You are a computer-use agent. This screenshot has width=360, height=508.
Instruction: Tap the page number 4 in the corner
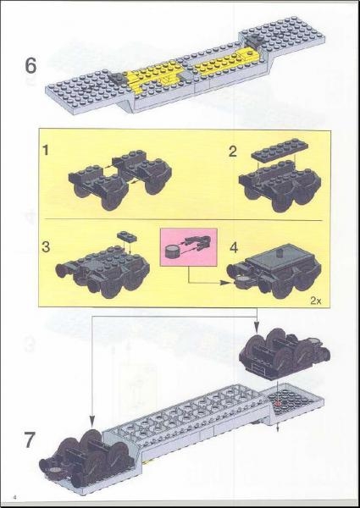14,494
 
